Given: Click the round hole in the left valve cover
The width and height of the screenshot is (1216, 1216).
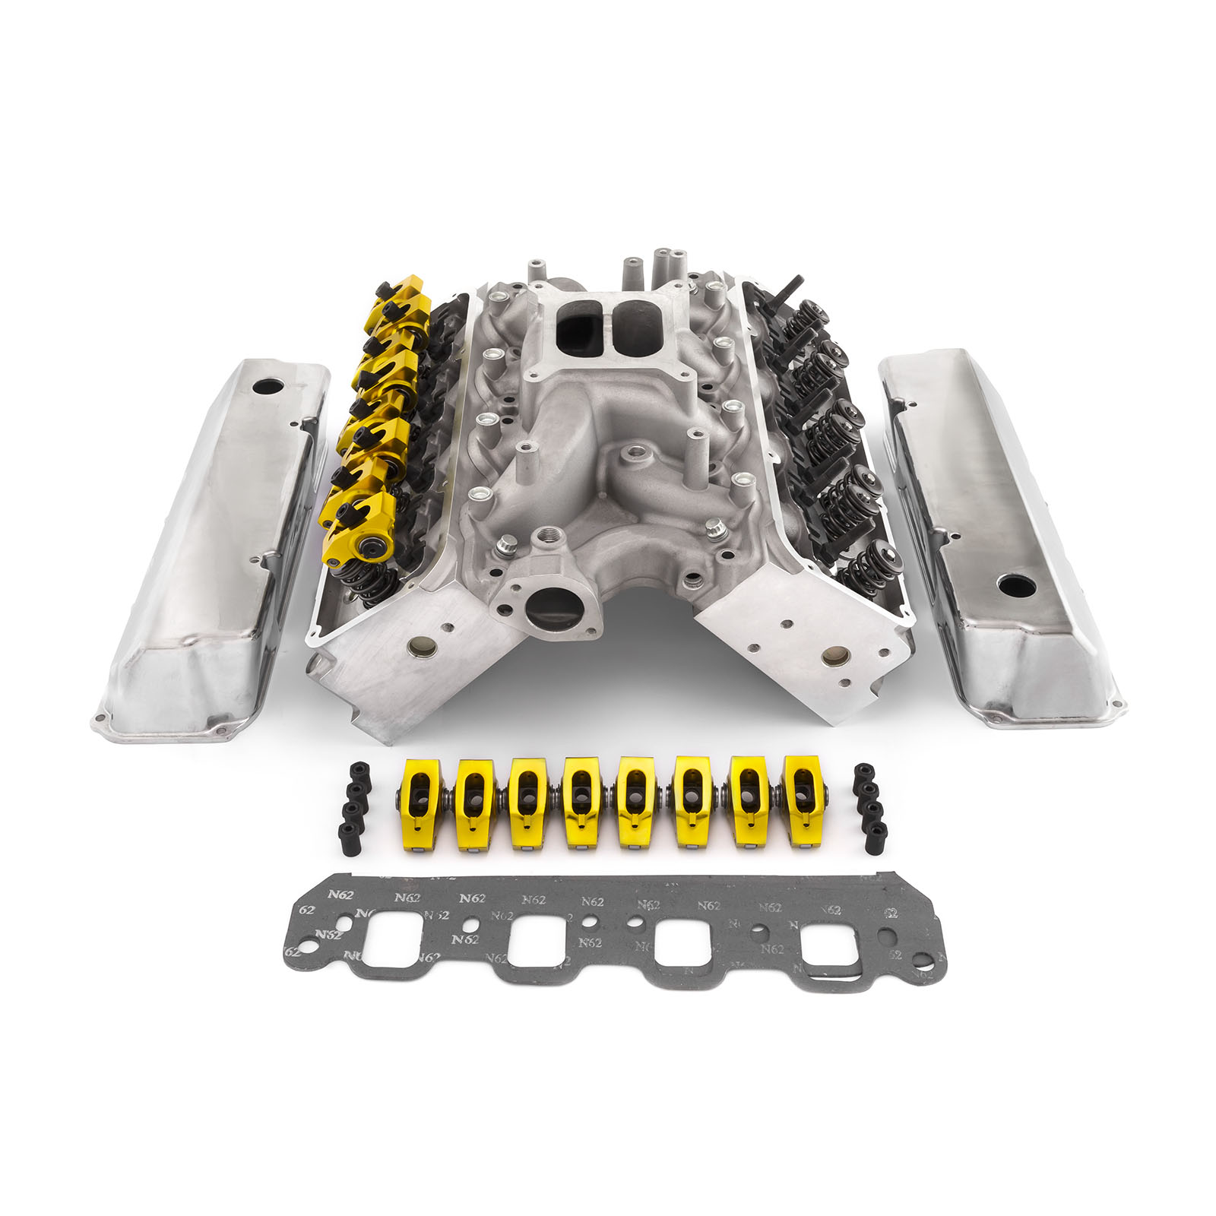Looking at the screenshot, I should point(268,387).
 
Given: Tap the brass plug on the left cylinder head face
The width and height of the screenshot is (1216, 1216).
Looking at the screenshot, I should point(417,647).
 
